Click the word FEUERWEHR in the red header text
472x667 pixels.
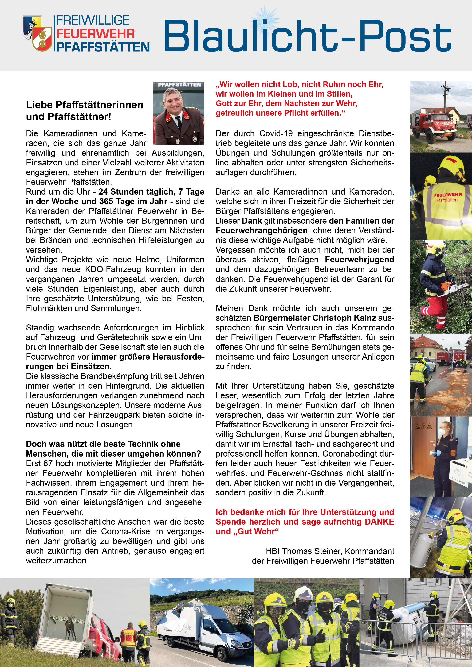click(95, 34)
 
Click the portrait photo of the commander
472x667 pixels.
click(179, 114)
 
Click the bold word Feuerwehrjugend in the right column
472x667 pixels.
click(360, 260)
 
